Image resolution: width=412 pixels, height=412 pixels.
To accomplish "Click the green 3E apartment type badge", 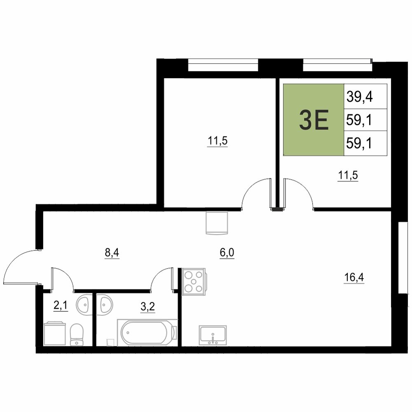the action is coord(314,120).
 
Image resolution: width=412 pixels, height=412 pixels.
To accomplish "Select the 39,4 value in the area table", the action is coord(359,97).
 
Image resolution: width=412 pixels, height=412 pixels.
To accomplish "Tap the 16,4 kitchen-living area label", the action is coord(354,277).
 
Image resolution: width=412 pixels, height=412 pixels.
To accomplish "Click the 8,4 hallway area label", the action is coord(112,253).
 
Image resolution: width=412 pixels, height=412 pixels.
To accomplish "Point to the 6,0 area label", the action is coord(227,253).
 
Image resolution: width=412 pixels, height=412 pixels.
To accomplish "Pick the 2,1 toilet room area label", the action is coord(61,305).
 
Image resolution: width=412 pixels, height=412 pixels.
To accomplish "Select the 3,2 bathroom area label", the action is coord(147,307).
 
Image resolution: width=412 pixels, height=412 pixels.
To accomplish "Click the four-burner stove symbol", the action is coord(194,282).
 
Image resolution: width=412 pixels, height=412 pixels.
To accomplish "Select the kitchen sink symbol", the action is coord(213,335).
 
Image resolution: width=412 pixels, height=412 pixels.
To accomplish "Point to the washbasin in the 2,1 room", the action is coord(84,305).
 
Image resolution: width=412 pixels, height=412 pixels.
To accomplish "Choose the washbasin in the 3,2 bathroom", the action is coord(105,305).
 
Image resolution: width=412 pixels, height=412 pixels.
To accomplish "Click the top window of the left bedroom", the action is coord(223,65).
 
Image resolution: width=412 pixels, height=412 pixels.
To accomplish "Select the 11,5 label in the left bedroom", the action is coord(217,141).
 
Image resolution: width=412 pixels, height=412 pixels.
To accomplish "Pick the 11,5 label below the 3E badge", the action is coord(348,175).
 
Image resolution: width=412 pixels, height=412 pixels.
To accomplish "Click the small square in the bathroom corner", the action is coord(110,343).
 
